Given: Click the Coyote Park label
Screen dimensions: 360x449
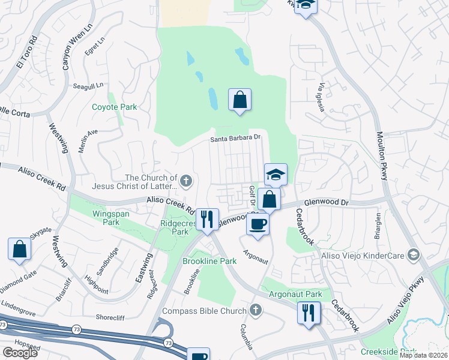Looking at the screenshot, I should (114, 107).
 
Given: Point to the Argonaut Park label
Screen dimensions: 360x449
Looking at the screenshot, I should (295, 294).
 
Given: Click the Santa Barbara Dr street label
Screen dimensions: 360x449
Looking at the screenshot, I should (237, 139).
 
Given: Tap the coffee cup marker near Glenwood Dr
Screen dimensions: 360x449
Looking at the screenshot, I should (258, 223).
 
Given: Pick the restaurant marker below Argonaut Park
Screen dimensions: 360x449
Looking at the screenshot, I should (309, 313).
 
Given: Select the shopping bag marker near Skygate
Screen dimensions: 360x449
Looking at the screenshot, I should (20, 249).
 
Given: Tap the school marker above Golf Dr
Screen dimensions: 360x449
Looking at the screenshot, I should (276, 175).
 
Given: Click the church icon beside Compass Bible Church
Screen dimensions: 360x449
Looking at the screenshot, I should (256, 310).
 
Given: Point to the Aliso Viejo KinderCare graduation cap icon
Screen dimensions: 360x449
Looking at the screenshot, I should (412, 255).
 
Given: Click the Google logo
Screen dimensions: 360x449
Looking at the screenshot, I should (20, 353).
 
